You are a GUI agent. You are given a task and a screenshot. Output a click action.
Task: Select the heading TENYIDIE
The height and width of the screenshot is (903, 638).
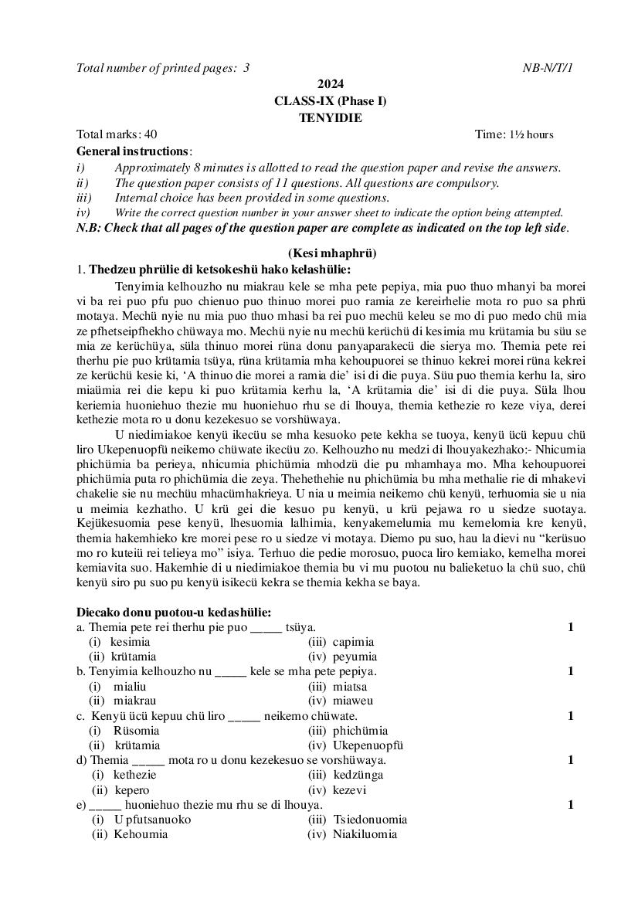330,117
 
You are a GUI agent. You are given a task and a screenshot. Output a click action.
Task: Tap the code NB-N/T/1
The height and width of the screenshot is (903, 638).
548,68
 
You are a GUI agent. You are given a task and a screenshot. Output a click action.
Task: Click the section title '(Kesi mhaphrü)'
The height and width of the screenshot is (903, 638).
332,253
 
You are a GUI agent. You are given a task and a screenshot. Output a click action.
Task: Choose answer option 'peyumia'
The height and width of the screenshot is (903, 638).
354,657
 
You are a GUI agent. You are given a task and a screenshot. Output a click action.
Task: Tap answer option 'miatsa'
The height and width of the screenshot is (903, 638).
350,686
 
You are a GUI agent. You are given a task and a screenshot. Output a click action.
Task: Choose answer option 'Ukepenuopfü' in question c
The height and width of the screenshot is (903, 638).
368,745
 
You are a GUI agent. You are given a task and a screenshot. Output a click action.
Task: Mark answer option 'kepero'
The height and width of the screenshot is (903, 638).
132,790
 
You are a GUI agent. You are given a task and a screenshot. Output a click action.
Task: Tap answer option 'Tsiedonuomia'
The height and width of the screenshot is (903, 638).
370,820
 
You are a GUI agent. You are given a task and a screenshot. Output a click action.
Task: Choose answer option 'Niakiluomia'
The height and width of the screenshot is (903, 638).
365,834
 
